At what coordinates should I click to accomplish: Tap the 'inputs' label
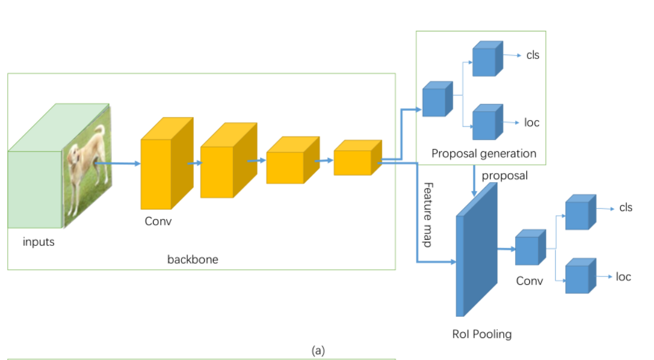point(38,242)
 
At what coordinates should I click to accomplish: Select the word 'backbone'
point(193,260)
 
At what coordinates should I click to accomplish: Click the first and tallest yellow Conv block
point(167,163)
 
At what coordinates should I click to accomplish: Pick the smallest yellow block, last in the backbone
point(358,158)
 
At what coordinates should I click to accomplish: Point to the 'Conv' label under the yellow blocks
point(158,221)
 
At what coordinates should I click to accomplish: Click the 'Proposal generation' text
point(484,154)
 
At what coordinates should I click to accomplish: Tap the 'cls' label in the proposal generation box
point(533,55)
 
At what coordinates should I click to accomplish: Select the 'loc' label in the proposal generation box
point(532,122)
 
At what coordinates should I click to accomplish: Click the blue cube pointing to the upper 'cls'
point(488,59)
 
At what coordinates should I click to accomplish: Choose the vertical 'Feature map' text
point(428,215)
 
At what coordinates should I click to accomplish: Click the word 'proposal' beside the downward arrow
point(504,176)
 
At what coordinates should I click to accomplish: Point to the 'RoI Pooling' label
point(482,334)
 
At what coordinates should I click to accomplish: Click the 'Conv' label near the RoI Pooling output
point(529,281)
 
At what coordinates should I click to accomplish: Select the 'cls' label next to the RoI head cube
point(626,207)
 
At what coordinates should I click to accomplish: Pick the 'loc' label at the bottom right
point(623,277)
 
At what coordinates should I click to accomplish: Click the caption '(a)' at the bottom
point(318,351)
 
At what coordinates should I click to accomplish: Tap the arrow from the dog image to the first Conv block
point(118,164)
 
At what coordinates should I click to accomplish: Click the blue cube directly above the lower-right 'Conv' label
point(530,247)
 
